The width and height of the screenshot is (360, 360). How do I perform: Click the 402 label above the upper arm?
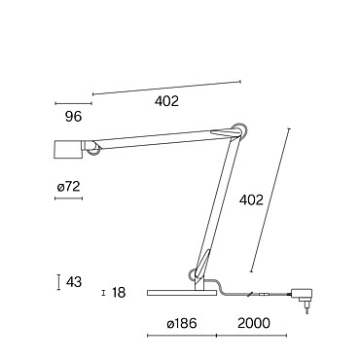(x=166, y=101)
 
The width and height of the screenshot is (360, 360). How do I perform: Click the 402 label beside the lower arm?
(x=251, y=200)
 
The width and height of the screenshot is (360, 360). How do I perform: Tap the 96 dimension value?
(x=74, y=117)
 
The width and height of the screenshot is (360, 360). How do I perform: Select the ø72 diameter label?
(x=68, y=187)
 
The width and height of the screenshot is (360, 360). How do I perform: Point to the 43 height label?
(x=74, y=282)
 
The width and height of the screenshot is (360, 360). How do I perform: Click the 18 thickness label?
(x=119, y=293)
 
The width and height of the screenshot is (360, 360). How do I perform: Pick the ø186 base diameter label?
(x=182, y=323)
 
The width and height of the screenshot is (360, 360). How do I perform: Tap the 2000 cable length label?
(x=254, y=323)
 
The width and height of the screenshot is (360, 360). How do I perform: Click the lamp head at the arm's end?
(x=67, y=150)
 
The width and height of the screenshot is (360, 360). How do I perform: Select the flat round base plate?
(x=182, y=293)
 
